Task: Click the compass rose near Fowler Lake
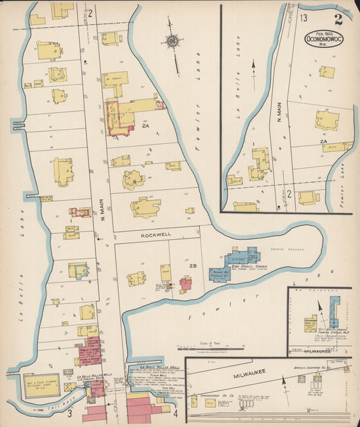[x=173, y=42]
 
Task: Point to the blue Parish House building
[x=219, y=274]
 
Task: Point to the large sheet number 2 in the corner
[x=338, y=18]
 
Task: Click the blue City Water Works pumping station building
[x=334, y=311]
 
